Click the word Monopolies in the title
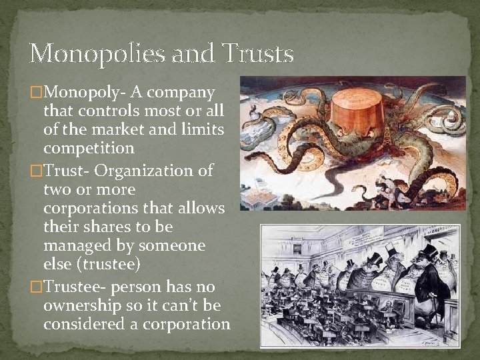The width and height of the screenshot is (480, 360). pyautogui.click(x=82, y=53)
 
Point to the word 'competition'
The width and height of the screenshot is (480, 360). pyautogui.click(x=89, y=147)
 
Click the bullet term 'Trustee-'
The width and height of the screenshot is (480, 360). pyautogui.click(x=75, y=287)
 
